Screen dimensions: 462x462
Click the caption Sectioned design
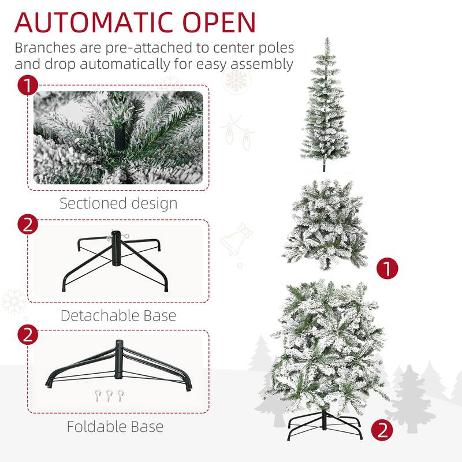click(118, 203)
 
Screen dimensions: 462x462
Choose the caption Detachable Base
click(118, 316)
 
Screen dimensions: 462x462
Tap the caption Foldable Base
click(115, 427)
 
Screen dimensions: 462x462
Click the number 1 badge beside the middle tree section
click(387, 268)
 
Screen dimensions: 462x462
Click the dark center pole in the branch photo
click(120, 137)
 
